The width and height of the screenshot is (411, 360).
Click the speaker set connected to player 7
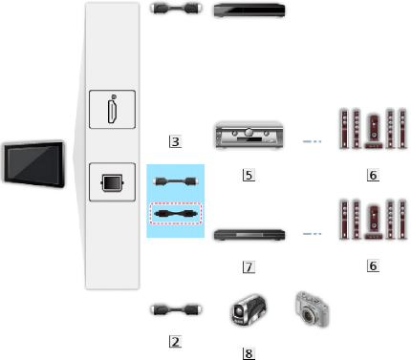click(x=366, y=226)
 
